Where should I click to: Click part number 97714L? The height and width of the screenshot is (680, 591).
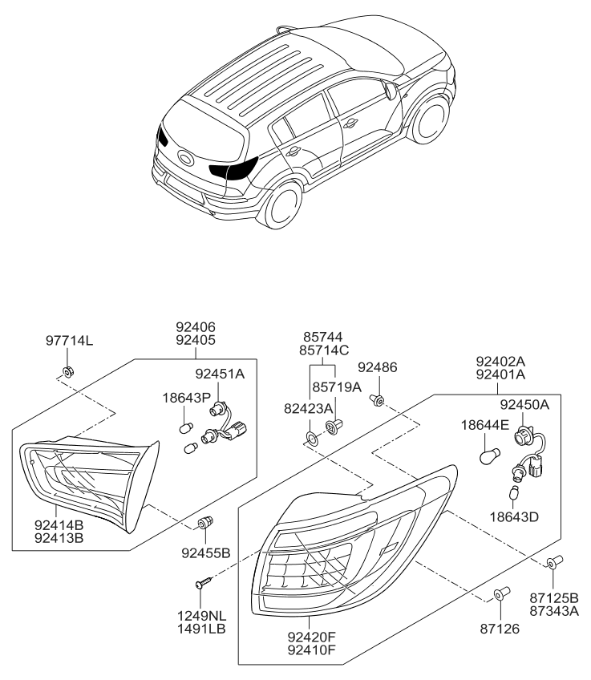pos(69,341)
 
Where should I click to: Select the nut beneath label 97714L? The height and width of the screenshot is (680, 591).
pos(69,370)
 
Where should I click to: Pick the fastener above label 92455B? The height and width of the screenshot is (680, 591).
pos(206,523)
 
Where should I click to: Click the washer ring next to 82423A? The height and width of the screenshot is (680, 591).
pos(309,439)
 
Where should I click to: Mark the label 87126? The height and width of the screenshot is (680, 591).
pos(500,629)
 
